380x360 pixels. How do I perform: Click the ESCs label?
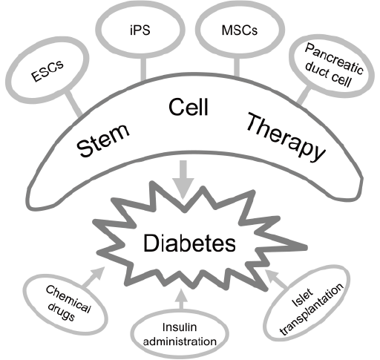[x=47, y=71]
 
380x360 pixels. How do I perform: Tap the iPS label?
[x=140, y=30]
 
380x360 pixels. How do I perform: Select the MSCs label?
[x=240, y=30]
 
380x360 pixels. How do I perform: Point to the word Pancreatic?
[x=334, y=59]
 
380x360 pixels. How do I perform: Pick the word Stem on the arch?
[x=103, y=140]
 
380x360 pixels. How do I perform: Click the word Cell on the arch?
[x=189, y=107]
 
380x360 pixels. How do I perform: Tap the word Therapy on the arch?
[x=286, y=137]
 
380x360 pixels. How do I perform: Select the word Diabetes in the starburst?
[x=189, y=243]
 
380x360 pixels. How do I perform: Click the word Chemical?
[x=68, y=299]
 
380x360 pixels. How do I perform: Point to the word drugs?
[x=61, y=312]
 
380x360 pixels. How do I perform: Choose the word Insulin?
[x=180, y=327]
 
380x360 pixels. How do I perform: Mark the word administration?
[x=180, y=341]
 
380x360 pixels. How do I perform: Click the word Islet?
[x=302, y=297]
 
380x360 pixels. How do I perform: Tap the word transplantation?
[x=312, y=310]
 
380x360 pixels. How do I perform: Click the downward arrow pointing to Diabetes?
[x=183, y=180]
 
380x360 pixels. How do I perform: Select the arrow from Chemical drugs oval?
[x=93, y=277]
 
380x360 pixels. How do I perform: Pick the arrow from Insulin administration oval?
[x=182, y=299]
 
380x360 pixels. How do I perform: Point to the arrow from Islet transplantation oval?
[x=277, y=278]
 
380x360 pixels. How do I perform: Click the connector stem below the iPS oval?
[x=142, y=69]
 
